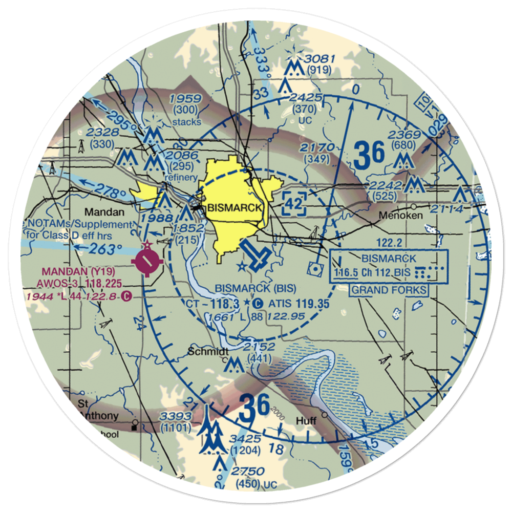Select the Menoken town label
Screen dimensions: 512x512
coord(401,216)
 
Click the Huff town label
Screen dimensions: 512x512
coord(307,421)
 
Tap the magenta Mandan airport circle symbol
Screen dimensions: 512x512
coord(147,262)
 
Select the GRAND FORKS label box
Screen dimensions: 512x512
coord(389,290)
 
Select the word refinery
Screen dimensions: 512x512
coord(181,178)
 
